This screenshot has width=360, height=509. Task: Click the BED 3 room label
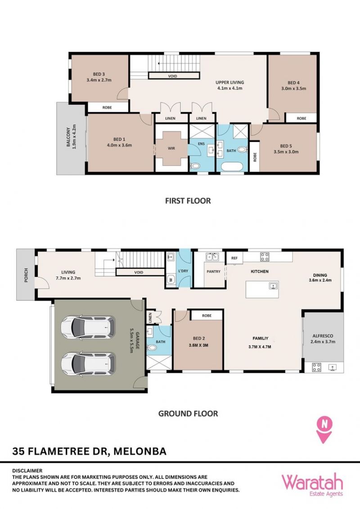(x=99, y=74)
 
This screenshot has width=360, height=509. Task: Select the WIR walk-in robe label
(x=171, y=148)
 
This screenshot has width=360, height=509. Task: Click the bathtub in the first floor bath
(x=232, y=167)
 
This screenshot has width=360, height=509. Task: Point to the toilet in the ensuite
(x=195, y=166)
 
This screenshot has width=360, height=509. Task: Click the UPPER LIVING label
(x=229, y=82)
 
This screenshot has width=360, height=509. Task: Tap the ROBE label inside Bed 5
(x=255, y=157)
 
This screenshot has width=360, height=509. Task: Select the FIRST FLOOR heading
(x=188, y=201)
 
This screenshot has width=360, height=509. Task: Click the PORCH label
(x=26, y=275)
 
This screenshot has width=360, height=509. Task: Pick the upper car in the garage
(x=88, y=327)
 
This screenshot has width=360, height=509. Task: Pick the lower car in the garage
(x=88, y=364)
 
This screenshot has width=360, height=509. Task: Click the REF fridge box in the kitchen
(x=234, y=258)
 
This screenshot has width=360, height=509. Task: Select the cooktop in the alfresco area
(x=316, y=367)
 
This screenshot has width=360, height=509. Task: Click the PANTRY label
(x=213, y=272)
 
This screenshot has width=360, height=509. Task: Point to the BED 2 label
(x=199, y=338)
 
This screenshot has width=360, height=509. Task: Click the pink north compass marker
(x=324, y=429)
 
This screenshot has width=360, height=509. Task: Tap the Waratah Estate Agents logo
(x=312, y=485)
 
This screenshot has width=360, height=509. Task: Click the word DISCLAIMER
(x=27, y=470)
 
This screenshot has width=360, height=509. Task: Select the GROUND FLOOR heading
(x=188, y=414)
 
